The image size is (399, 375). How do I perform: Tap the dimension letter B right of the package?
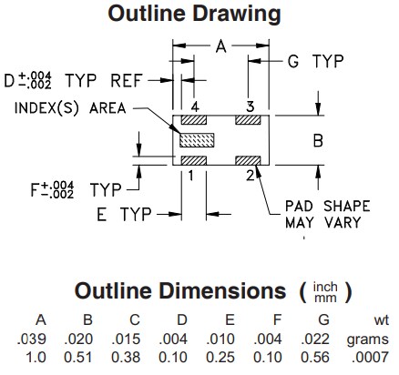317,142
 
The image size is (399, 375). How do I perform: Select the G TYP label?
314,62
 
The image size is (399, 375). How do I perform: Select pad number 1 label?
192,177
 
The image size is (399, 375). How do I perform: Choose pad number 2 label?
249,177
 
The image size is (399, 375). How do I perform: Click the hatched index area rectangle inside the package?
196,141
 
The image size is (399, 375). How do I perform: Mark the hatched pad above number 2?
249,161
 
